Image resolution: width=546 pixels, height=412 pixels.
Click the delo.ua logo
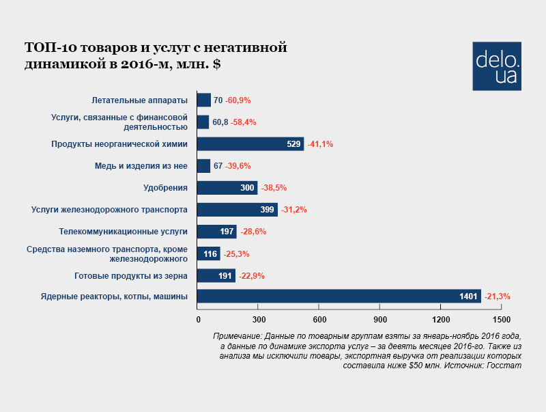(496, 66)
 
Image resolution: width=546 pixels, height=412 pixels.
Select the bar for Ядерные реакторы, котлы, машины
(339, 297)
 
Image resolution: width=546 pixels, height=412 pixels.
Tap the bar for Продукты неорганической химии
(250, 144)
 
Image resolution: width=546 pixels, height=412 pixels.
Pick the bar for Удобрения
(227, 188)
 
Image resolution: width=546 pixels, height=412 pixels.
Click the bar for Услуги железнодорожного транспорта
(237, 210)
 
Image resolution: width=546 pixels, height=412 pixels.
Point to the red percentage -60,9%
(238, 100)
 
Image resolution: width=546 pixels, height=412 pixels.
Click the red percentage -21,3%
(497, 297)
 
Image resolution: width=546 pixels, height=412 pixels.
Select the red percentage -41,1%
(320, 144)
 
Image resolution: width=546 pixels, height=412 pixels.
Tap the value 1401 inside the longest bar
(470, 297)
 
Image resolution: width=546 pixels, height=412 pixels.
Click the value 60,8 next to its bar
(220, 122)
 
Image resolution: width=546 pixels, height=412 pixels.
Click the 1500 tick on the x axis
(502, 320)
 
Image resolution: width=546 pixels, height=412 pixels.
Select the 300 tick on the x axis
(258, 320)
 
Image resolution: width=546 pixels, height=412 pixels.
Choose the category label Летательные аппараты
(139, 100)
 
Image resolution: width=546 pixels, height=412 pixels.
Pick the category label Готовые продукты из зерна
(131, 276)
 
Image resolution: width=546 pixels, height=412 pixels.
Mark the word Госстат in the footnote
(505, 366)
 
